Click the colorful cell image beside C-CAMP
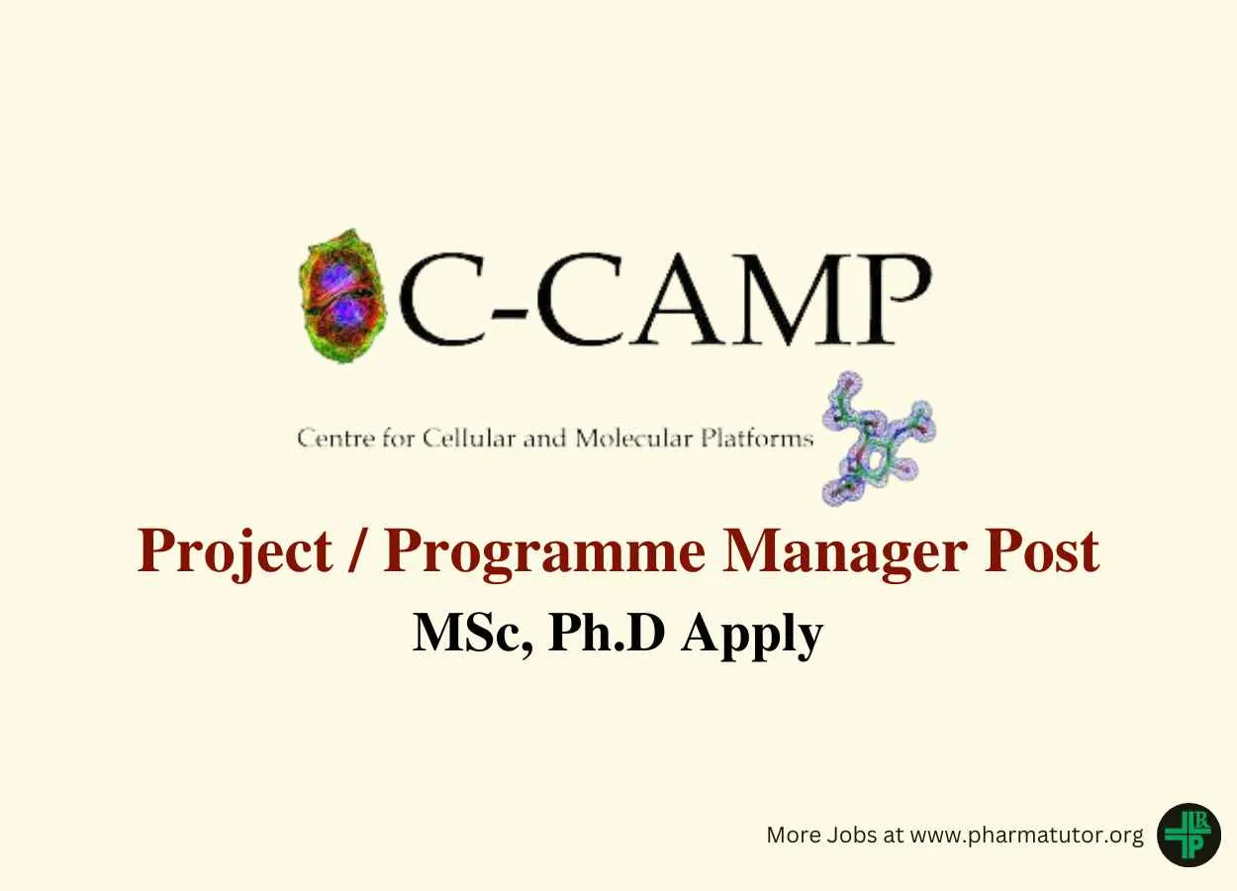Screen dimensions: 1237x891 342,296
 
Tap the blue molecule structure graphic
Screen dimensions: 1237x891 879,439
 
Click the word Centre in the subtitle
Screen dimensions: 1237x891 336,439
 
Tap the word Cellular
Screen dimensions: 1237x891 469,439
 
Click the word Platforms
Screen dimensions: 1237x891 757,439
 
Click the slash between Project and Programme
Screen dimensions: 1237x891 358,551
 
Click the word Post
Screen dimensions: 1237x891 1042,551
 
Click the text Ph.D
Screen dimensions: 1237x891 607,633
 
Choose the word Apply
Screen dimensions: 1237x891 751,637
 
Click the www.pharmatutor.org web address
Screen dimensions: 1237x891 1026,836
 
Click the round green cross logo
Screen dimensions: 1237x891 1189,836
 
